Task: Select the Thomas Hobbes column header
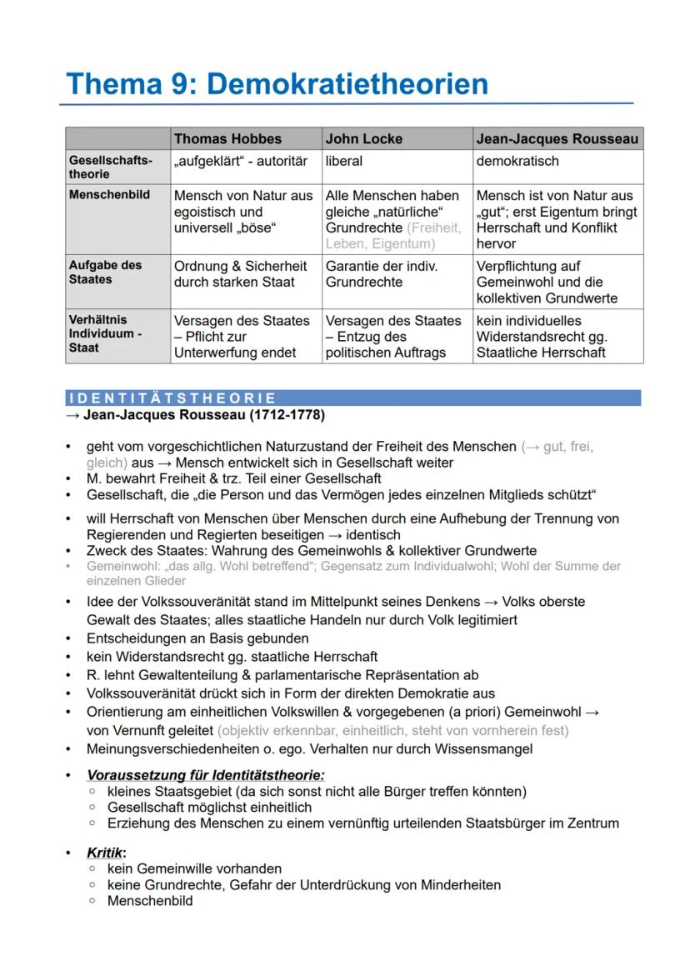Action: click(x=227, y=139)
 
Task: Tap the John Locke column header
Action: click(x=363, y=139)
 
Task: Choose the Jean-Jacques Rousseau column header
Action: click(x=557, y=139)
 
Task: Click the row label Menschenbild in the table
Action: click(x=109, y=194)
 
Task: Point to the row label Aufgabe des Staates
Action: click(x=105, y=272)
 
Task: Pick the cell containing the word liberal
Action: click(x=344, y=161)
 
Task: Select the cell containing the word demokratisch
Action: click(x=517, y=161)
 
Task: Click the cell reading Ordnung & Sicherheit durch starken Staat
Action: click(x=241, y=273)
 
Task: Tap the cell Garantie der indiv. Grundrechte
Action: click(x=381, y=273)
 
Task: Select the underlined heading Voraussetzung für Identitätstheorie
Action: click(x=206, y=774)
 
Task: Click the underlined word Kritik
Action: click(x=105, y=853)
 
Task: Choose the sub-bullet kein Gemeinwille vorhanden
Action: click(x=194, y=868)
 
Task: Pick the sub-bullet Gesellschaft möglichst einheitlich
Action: click(x=209, y=807)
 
